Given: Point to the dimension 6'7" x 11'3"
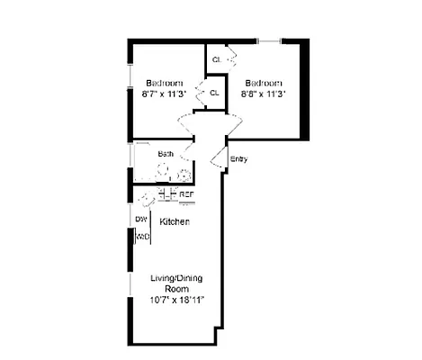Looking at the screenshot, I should tap(166, 93).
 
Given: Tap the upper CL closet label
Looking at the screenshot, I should tap(216, 60).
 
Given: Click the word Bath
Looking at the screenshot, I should tap(166, 154).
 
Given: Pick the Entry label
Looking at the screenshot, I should tap(238, 160).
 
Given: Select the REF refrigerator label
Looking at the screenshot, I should tap(186, 194).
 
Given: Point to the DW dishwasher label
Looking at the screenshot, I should tap(141, 219).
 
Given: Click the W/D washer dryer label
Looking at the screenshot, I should tap(142, 237).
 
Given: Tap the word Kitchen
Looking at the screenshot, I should tap(175, 221).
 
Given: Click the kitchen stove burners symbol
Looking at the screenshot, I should tap(167, 193).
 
